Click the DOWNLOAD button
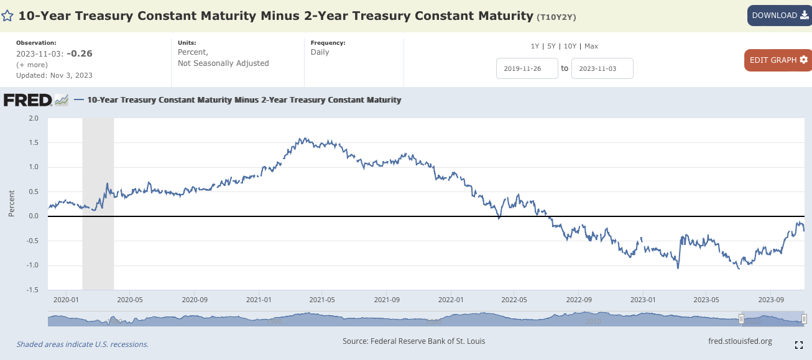[x=778, y=16]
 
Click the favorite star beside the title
[x=7, y=16]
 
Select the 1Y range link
[x=535, y=46]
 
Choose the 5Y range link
[x=551, y=46]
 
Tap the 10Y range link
[x=569, y=46]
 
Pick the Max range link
[x=591, y=46]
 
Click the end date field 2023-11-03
[x=602, y=68]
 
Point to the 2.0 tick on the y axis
[x=33, y=118]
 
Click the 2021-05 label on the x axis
[x=322, y=299]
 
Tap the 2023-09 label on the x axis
[x=770, y=299]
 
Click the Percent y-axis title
[x=12, y=204]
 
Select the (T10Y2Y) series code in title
[x=556, y=17]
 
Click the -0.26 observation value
[x=80, y=53]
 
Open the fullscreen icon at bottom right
[x=799, y=344]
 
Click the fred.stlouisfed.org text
[x=740, y=341]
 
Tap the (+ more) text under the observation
[x=32, y=65]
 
